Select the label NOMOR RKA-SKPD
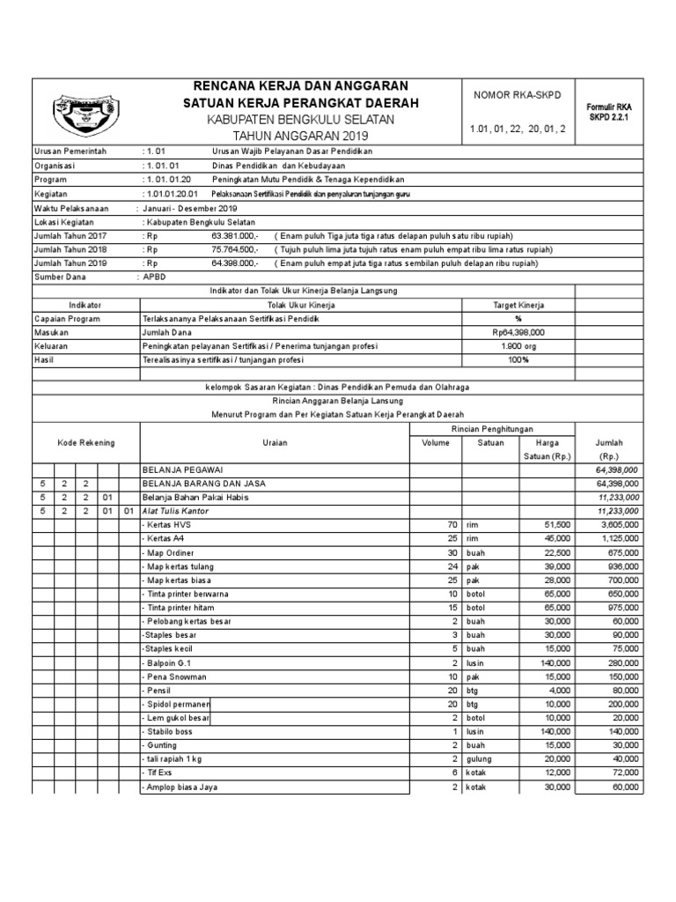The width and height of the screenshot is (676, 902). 518,94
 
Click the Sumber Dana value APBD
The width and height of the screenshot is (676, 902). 155,277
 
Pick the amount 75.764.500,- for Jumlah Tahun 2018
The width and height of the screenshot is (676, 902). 235,249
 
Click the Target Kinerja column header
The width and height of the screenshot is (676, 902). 518,305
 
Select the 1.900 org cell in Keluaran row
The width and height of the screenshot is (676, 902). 518,346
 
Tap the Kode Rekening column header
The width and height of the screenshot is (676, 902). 85,442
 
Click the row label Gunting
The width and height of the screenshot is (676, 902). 161,745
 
